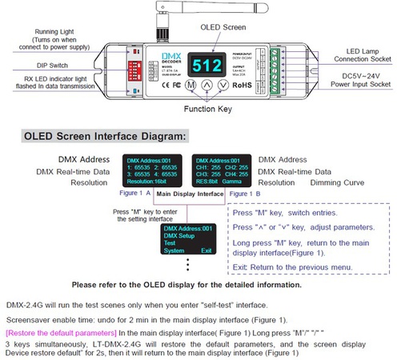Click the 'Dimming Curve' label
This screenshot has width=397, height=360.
pos(327,182)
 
